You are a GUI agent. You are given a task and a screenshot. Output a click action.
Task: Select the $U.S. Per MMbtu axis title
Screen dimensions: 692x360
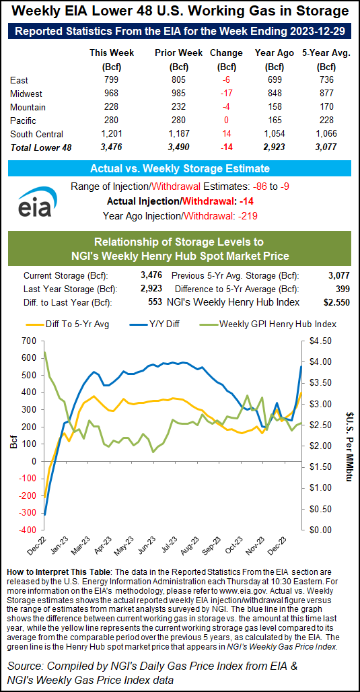[349, 435]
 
